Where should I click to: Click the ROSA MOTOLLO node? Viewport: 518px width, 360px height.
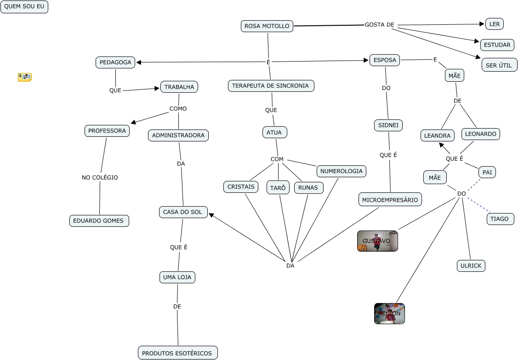click(x=267, y=26)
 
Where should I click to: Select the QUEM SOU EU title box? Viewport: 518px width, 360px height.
click(x=24, y=7)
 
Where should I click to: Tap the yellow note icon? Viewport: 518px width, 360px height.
click(x=24, y=77)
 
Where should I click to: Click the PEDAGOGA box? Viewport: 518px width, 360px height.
click(x=115, y=62)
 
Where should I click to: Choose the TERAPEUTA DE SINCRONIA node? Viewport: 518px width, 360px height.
click(x=271, y=86)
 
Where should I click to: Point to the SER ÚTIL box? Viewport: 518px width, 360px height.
click(x=499, y=65)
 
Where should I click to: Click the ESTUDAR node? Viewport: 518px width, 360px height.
click(x=497, y=45)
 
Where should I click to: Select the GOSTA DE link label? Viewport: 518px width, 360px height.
click(x=380, y=25)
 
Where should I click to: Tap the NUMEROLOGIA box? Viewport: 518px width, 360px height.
click(x=342, y=171)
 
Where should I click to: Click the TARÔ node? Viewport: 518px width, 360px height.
click(x=278, y=188)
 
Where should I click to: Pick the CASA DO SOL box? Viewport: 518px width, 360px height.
click(x=183, y=212)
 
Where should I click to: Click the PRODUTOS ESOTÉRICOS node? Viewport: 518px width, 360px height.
click(x=177, y=353)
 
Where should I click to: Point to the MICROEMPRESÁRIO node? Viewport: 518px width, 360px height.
click(x=390, y=200)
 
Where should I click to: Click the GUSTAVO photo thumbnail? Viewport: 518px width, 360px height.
click(x=377, y=241)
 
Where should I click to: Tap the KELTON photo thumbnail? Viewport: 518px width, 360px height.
click(x=389, y=314)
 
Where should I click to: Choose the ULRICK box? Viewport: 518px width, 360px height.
click(x=471, y=266)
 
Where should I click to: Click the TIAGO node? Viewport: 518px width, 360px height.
click(x=500, y=219)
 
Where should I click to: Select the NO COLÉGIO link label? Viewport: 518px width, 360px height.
click(x=100, y=178)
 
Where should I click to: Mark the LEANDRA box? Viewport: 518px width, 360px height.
click(x=437, y=136)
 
